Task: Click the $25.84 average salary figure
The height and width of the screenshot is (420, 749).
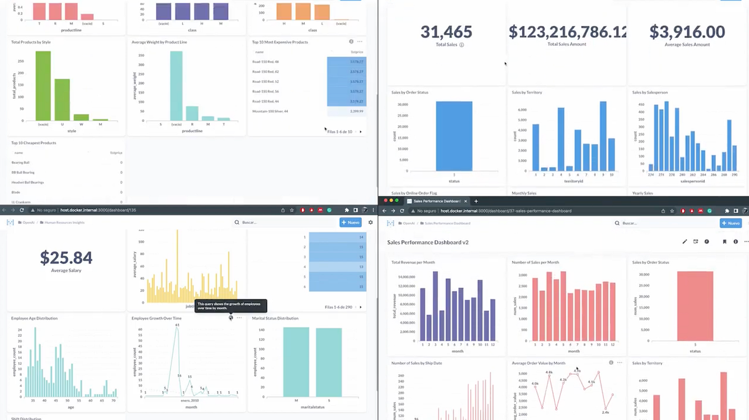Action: pos(66,257)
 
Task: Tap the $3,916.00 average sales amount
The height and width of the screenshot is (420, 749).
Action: pos(687,32)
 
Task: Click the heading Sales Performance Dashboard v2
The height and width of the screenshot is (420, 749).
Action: pos(427,242)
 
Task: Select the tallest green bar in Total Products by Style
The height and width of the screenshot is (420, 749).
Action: pos(43,85)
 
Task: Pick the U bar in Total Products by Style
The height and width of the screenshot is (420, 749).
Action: pos(62,99)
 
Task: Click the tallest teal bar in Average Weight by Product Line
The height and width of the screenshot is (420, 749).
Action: pos(176,85)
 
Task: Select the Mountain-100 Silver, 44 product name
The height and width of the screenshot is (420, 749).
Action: pos(270,111)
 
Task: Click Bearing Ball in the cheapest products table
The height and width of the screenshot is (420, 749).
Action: pos(20,163)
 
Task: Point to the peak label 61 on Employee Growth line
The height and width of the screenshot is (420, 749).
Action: pos(177,325)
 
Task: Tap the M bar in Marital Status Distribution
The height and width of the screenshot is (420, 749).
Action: pos(296,362)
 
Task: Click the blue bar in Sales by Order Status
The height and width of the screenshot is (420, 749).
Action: pos(454,136)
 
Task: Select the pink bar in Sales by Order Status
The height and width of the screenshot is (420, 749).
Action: pos(695,306)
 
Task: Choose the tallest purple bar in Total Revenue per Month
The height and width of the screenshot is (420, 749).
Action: pos(435,306)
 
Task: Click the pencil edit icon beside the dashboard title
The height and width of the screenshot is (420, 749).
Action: pos(684,241)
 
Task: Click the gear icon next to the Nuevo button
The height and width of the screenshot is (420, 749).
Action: pos(371,223)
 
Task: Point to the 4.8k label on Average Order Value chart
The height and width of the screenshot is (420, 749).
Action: pos(549,372)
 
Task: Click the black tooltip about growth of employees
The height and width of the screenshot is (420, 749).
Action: pos(231,305)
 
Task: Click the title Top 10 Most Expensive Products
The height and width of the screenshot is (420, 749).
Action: pos(280,42)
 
